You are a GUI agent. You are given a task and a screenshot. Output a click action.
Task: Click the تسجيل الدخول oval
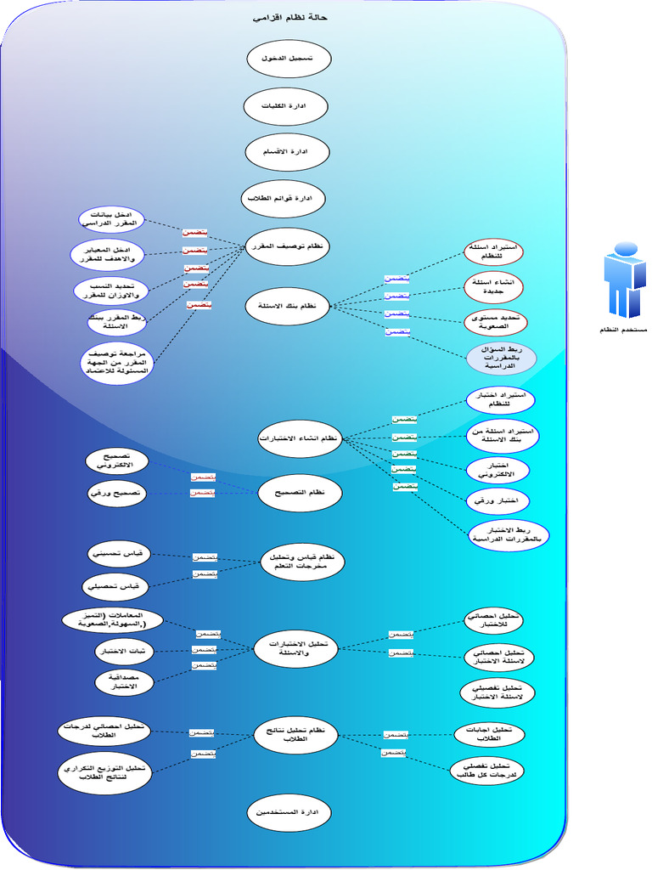288,59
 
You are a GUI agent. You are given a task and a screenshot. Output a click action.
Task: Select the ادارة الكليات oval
285,107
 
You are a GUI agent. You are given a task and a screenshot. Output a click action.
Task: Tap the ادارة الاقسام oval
287,152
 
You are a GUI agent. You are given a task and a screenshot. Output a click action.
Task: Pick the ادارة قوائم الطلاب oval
284,198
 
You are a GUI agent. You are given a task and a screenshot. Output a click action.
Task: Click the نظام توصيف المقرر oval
287,246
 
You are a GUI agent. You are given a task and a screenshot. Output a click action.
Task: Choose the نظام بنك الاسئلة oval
287,305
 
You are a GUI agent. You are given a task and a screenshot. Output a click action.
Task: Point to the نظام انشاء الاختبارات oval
298,438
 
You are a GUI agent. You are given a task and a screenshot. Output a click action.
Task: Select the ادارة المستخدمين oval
289,812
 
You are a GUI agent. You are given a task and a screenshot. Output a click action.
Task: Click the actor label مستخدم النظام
624,329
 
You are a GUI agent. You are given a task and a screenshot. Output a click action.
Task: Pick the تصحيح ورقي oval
118,493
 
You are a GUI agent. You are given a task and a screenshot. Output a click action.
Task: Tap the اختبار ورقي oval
497,501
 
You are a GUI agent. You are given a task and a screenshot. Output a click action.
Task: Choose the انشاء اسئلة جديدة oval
495,287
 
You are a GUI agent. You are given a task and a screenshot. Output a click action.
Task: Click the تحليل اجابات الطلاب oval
490,734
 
